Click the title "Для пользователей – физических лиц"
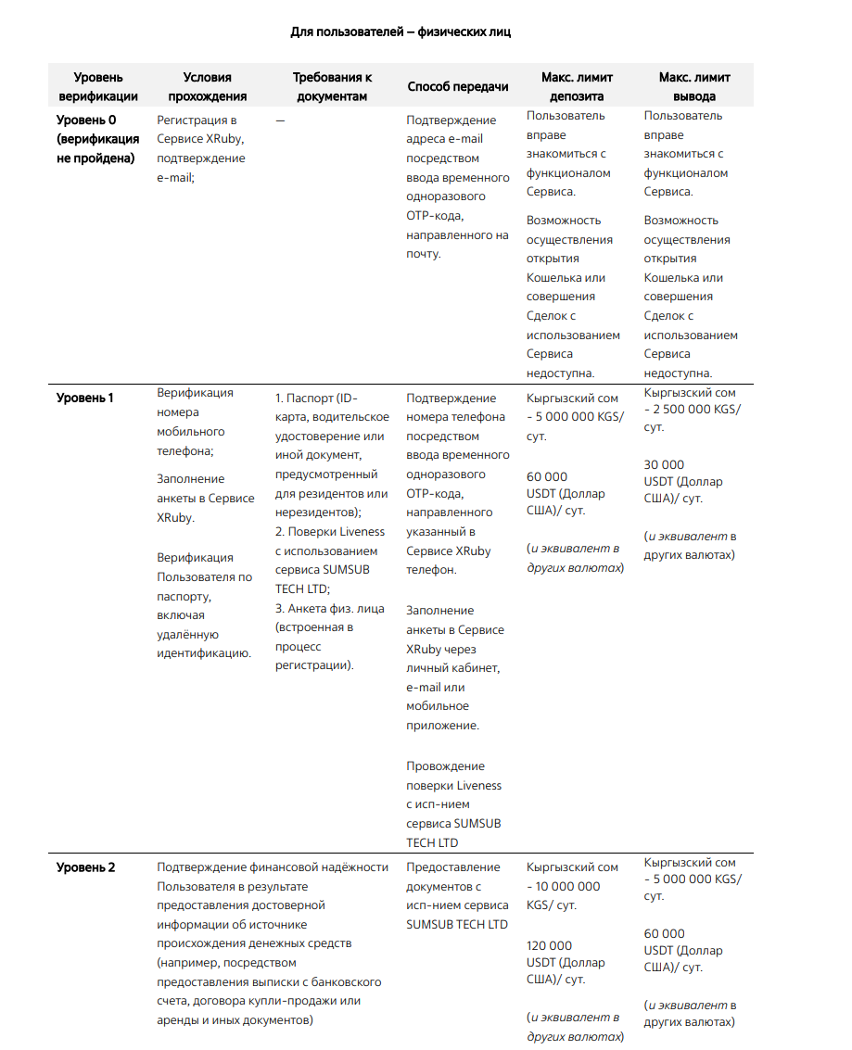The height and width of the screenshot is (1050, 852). coord(401,32)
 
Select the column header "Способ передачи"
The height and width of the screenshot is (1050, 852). coord(458,87)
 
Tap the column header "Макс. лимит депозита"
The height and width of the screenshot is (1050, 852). coord(577,87)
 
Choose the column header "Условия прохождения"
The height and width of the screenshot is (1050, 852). coord(207,87)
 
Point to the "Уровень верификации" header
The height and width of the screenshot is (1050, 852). coord(98,87)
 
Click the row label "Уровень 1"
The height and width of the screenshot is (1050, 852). coord(85,398)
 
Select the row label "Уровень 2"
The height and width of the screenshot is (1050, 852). coord(86,867)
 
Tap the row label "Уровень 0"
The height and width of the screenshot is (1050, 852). coord(86,120)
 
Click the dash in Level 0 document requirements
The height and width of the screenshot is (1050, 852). coord(280,120)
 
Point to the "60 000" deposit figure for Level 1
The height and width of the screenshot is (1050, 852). coord(547,477)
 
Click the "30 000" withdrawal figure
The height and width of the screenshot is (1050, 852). coord(664,465)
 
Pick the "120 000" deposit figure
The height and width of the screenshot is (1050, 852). coord(550,946)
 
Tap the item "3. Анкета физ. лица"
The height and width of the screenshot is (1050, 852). coord(330,608)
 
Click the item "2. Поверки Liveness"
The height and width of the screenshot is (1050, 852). coord(330,532)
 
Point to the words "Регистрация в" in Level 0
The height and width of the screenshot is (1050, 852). coord(197,120)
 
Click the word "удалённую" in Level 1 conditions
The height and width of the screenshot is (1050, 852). coord(187,635)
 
